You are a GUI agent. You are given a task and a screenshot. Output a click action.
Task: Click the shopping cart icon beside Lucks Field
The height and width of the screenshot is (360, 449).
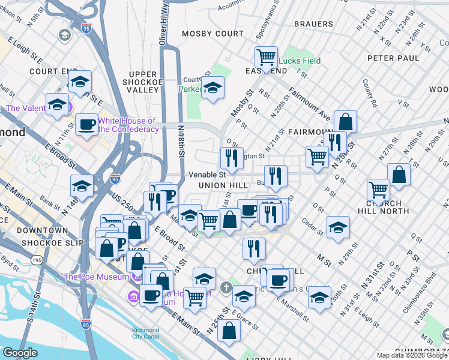(x=265, y=58)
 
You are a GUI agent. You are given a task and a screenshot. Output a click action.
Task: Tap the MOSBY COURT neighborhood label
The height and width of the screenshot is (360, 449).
(x=212, y=34)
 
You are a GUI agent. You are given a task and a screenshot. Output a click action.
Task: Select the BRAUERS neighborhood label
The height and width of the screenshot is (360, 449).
(x=313, y=24)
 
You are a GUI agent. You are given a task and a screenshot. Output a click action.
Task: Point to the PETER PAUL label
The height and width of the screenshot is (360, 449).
(x=393, y=58)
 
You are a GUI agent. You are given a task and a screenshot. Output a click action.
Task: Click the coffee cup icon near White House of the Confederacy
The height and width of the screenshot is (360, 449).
(x=86, y=125)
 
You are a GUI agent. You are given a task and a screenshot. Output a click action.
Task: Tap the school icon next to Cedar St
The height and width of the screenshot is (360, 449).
(x=338, y=227)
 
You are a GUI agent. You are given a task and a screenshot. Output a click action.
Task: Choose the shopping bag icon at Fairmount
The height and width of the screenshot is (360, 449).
(x=346, y=122)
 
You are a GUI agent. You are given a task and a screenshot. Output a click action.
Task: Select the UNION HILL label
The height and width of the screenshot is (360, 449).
(x=220, y=186)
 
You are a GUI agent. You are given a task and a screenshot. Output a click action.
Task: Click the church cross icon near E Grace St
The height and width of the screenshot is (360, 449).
(x=226, y=287)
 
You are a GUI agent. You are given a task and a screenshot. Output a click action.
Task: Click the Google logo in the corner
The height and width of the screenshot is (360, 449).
(x=20, y=353)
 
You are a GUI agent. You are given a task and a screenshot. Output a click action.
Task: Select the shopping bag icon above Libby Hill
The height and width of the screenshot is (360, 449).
(x=229, y=330)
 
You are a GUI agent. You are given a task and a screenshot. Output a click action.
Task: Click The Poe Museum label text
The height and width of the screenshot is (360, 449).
(x=97, y=277)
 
